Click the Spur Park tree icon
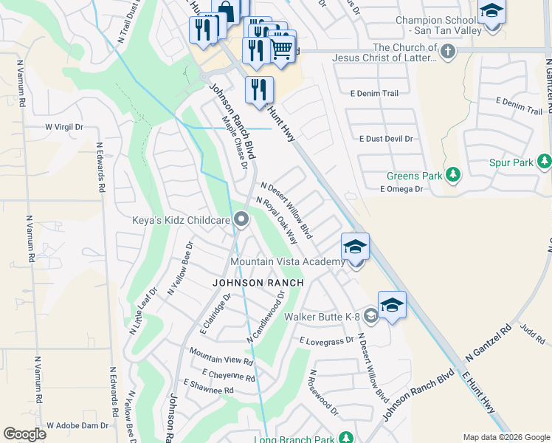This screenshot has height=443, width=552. (544, 161)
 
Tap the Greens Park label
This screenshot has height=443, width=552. (414, 176)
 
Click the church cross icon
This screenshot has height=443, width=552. (448, 51)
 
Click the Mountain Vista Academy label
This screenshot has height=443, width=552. (287, 262)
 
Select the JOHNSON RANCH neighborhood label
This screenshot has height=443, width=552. (247, 283)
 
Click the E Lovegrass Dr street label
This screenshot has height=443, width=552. (327, 341)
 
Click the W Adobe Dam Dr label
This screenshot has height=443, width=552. (77, 425)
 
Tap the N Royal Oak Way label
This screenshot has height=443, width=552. (277, 220)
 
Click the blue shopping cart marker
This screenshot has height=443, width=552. (281, 47)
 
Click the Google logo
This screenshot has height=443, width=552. (24, 434)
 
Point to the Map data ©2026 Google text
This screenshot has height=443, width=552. (506, 437)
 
